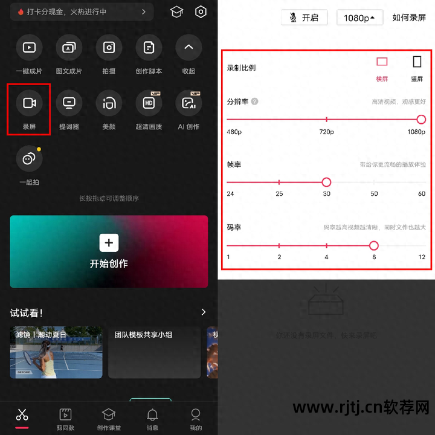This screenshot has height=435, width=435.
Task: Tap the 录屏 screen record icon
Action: (x=29, y=103)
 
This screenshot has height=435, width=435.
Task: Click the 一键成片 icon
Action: (x=29, y=47)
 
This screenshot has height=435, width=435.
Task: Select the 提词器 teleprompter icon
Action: (x=69, y=103)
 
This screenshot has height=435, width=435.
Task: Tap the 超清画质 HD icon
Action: (x=149, y=103)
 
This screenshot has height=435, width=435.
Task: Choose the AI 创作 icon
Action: (x=188, y=103)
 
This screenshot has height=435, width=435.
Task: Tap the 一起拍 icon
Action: (x=29, y=159)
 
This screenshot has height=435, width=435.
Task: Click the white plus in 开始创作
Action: (x=109, y=243)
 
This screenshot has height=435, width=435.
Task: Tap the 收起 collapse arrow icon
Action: (x=188, y=47)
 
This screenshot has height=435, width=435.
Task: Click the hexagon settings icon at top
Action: (x=201, y=12)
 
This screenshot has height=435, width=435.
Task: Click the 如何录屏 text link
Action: (x=409, y=18)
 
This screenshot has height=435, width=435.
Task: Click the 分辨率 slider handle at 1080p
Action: (x=421, y=120)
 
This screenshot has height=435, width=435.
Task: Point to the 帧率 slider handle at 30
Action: (x=326, y=182)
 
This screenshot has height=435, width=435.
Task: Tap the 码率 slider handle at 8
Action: (x=373, y=245)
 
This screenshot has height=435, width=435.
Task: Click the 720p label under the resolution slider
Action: (x=326, y=132)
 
